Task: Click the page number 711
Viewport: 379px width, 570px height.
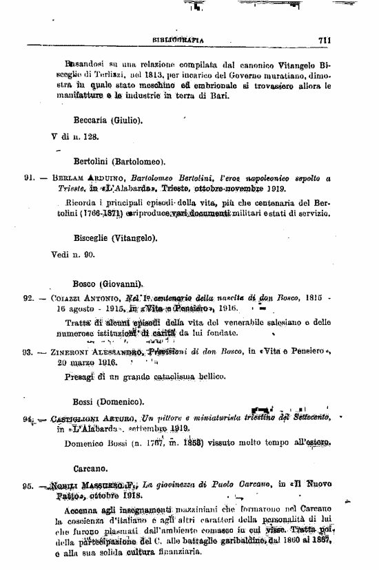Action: [326, 40]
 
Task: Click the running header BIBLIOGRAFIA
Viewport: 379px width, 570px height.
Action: [181, 40]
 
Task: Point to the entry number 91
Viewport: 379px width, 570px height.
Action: [29, 177]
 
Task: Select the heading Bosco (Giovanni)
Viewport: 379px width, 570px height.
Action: [107, 283]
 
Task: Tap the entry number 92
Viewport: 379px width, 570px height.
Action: [29, 299]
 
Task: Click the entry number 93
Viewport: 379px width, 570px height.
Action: [29, 352]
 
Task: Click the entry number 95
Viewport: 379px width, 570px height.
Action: [28, 484]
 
